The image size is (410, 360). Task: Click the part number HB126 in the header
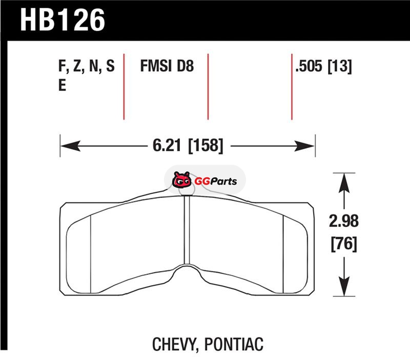click(x=63, y=20)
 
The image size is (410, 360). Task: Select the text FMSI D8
click(x=167, y=66)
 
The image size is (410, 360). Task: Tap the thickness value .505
click(x=309, y=66)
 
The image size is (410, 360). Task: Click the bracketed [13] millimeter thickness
click(x=340, y=66)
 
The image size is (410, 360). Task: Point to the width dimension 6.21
click(x=167, y=145)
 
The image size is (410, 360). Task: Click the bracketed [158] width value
click(x=206, y=146)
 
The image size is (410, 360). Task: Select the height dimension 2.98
click(x=343, y=221)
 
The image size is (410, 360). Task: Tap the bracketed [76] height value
click(x=344, y=244)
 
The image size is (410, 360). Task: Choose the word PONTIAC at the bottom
click(x=234, y=344)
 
